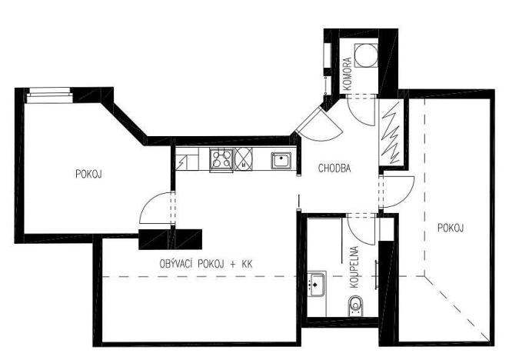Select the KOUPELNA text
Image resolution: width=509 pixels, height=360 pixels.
[354, 266]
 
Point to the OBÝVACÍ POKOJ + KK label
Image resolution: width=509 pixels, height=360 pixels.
[205, 264]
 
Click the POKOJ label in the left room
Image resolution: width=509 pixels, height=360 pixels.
[88, 174]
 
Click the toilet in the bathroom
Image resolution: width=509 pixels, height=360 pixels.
[355, 309]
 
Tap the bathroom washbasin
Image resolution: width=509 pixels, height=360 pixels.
[316, 284]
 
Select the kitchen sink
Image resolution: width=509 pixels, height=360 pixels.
[281, 160]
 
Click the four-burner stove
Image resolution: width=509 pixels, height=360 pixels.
[221, 160]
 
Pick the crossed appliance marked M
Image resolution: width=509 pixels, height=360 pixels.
[243, 159]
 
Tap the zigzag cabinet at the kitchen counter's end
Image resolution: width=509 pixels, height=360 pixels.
[184, 161]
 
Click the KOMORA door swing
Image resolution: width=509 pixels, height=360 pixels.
[358, 112]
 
